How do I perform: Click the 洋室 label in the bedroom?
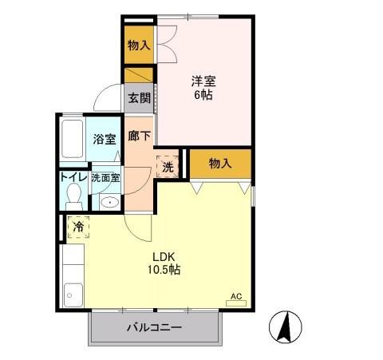(203, 81)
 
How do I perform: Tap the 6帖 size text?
(203, 94)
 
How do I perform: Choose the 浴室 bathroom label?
(103, 138)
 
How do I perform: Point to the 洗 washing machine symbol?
(168, 167)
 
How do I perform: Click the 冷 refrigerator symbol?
(78, 227)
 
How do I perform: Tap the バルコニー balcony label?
(154, 328)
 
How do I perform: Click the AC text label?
(236, 296)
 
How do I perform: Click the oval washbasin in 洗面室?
(109, 202)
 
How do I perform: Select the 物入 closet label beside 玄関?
(138, 45)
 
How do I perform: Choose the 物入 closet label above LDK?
(219, 164)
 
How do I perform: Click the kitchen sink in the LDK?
(73, 295)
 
